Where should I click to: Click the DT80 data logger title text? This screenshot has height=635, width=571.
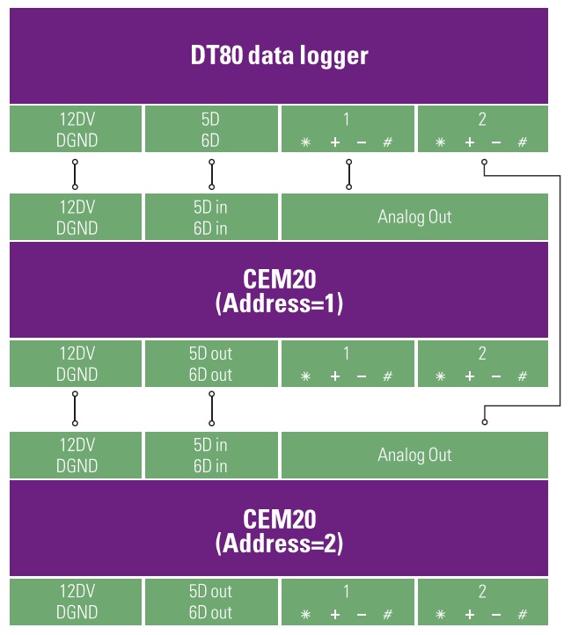279,55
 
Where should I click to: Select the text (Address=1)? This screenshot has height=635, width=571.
279,303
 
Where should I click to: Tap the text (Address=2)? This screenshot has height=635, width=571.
279,543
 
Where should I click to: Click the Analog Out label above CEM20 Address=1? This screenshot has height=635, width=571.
414,216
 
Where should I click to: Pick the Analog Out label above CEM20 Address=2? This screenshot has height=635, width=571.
414,455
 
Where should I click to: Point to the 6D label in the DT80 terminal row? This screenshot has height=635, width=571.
210,141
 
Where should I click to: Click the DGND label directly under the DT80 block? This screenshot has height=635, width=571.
77,141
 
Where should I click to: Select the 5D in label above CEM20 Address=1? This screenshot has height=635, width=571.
210,208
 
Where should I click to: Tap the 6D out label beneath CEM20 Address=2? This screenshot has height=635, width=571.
211,612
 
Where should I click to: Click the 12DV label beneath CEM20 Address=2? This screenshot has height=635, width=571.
77,591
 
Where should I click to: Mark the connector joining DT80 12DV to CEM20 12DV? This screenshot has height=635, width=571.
75,174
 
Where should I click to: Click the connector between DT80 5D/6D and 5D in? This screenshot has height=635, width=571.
211,174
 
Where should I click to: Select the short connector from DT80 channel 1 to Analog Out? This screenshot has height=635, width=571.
349,174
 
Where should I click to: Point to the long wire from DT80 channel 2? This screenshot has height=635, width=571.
560,290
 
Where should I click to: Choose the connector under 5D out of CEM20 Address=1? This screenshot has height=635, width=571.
211,409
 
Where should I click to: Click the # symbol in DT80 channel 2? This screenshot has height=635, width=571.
523,142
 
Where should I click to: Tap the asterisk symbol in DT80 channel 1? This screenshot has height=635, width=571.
305,142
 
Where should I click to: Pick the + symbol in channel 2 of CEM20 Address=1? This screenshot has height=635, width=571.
469,376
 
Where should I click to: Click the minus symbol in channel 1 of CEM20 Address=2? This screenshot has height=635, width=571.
362,615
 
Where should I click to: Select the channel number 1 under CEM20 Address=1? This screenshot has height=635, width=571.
346,354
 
